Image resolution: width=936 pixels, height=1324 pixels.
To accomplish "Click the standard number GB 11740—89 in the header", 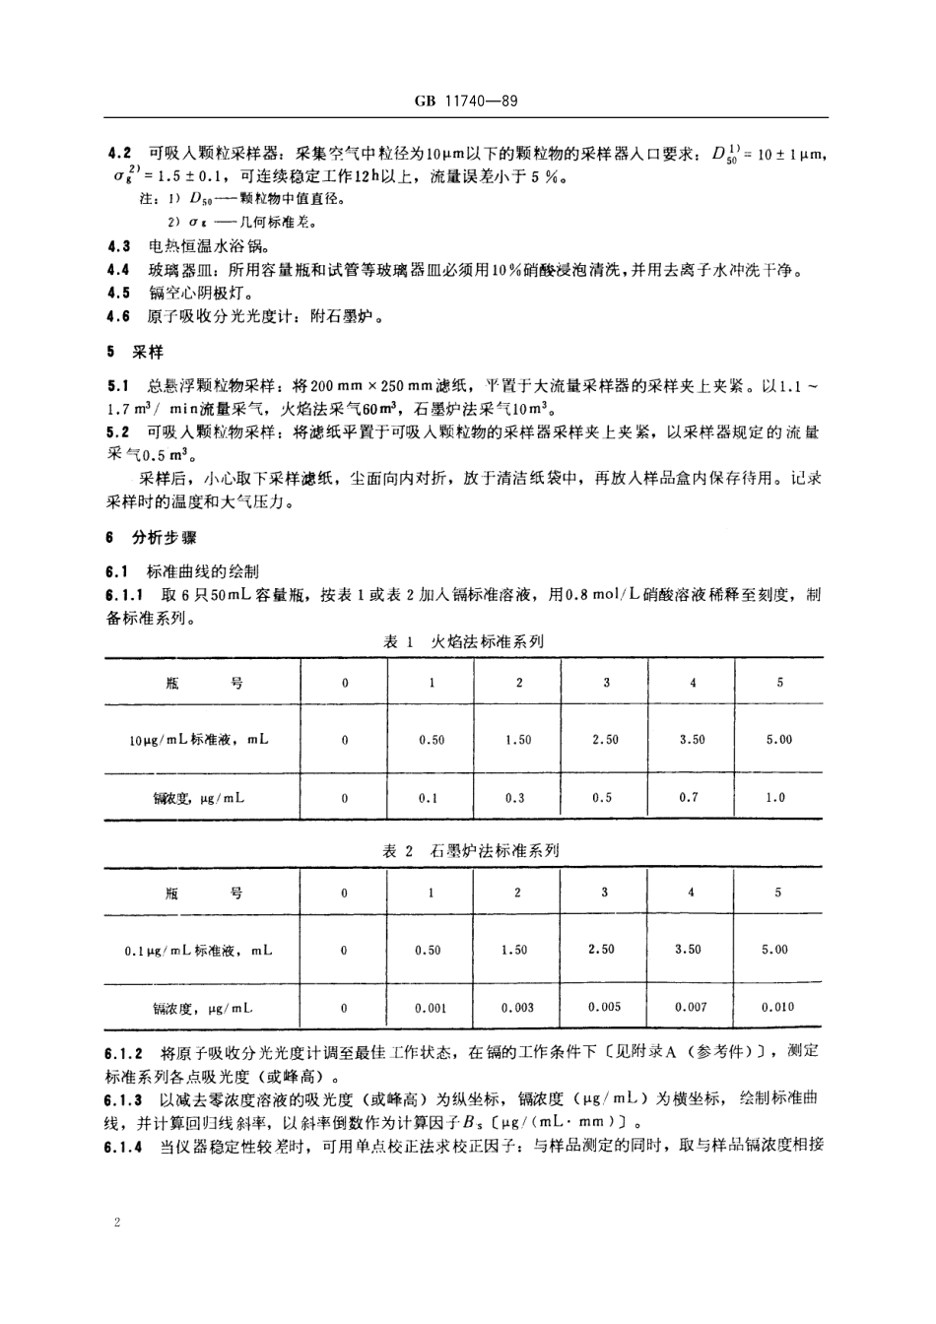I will (468, 101).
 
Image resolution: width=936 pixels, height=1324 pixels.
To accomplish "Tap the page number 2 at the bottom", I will (117, 1223).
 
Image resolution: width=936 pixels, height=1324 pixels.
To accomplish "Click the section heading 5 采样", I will (135, 352).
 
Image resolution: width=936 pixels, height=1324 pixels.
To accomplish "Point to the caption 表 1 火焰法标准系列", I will (463, 641).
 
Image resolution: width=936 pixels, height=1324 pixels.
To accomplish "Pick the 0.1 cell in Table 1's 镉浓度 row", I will (429, 798).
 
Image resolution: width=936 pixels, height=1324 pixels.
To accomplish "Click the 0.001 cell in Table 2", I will (431, 1008).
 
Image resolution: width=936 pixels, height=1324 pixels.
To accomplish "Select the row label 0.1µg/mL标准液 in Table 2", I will (198, 951).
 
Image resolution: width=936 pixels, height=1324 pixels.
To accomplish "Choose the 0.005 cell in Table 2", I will (603, 1007).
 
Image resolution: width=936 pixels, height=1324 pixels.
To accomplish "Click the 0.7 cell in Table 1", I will (689, 797).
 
